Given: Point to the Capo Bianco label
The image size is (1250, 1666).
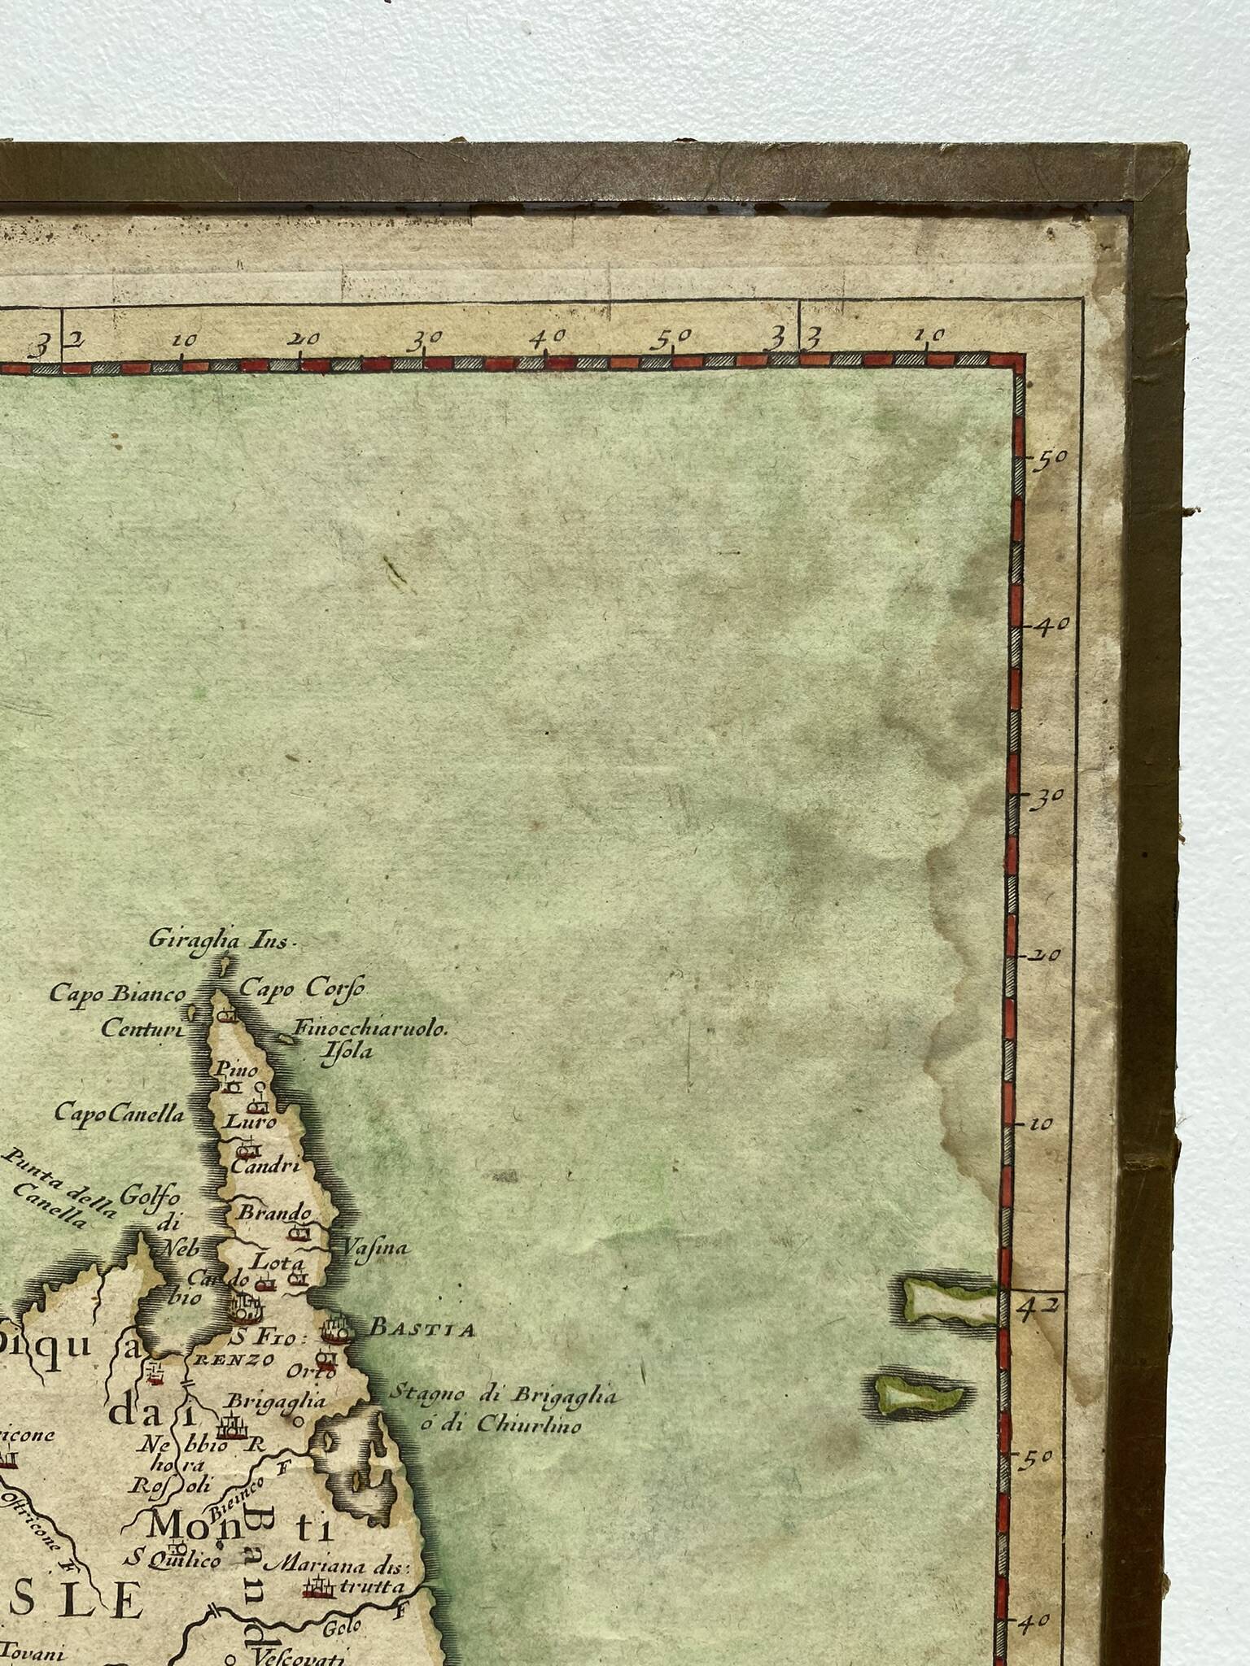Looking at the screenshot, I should [x=118, y=993].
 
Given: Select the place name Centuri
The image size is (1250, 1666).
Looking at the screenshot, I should [x=142, y=1028].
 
